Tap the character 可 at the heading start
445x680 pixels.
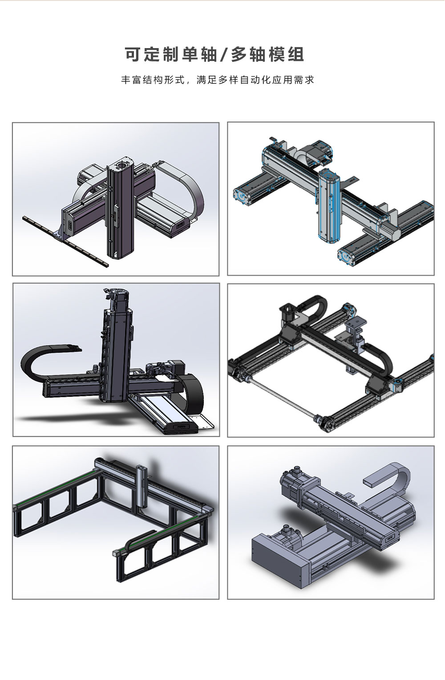[133, 55]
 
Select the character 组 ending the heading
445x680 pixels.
[296, 55]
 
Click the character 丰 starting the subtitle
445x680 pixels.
[125, 80]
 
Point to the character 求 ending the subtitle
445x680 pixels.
[310, 80]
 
